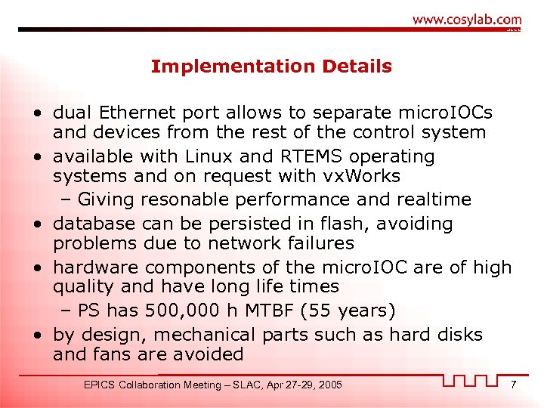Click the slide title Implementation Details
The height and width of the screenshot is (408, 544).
click(271, 66)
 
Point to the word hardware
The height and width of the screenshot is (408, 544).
click(96, 267)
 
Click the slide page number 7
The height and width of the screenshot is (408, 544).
click(513, 385)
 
